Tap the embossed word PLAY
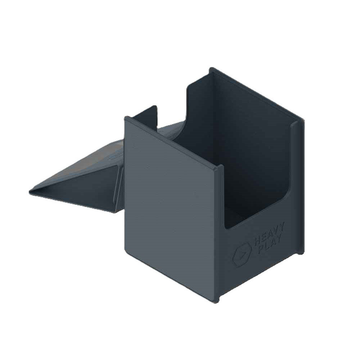coord(270,244)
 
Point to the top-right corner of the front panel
coord(222,166)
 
